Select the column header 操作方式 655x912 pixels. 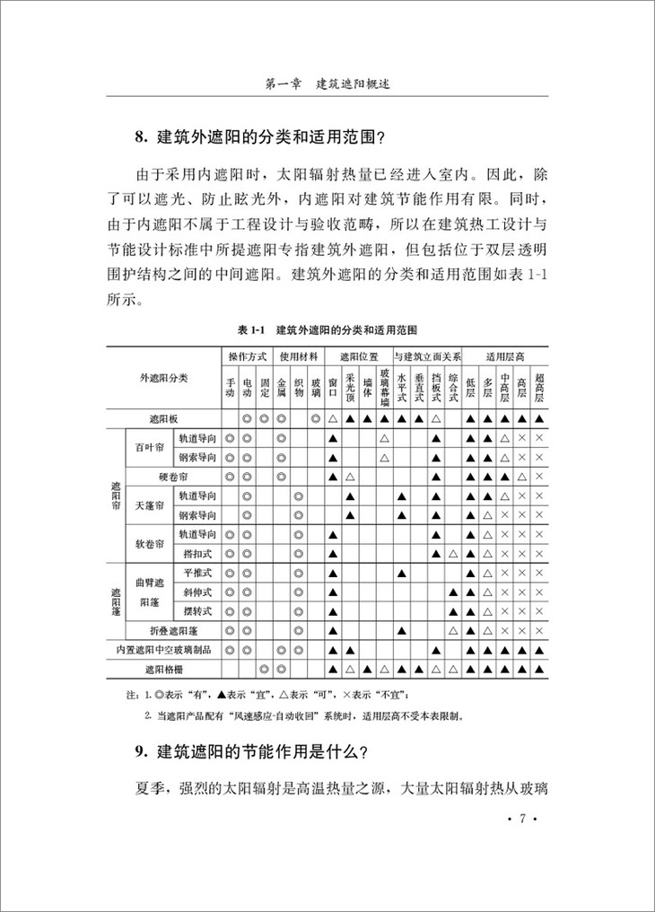247,355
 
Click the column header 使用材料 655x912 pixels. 298,355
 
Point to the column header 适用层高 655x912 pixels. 504,355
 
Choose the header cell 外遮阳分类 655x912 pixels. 163,378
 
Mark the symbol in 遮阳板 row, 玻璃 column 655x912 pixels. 315,418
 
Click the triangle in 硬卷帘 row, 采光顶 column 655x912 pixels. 350,476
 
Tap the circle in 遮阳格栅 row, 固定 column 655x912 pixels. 264,669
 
